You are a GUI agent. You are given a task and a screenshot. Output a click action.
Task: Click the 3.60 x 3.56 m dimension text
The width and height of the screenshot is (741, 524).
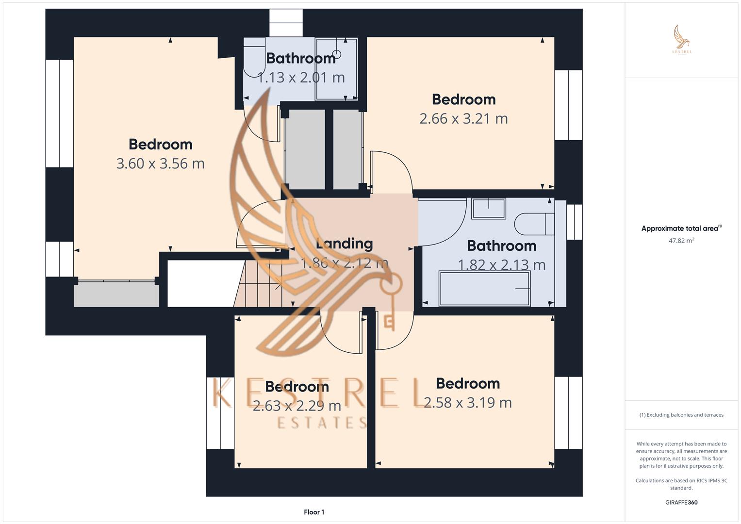pos(161,164)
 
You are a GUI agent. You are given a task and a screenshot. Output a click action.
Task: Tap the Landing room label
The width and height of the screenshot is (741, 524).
pos(345,244)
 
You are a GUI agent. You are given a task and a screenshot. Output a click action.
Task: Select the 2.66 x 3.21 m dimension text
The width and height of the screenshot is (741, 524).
pos(463,119)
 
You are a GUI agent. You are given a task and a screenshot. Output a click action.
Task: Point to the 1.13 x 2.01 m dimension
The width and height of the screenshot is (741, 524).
pos(301,78)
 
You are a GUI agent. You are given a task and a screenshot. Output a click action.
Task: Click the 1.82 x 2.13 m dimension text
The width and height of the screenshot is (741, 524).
pos(501,265)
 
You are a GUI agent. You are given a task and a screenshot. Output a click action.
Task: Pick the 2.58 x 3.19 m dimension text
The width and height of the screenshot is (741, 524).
pos(468,403)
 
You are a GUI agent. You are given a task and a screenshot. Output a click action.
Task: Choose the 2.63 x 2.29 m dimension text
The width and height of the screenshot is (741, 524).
pos(296,406)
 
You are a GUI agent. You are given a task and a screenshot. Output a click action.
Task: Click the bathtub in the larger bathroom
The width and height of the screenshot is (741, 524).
pos(485,289)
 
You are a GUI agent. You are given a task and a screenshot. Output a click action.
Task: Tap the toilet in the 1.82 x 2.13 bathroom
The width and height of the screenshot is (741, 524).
pos(534,224)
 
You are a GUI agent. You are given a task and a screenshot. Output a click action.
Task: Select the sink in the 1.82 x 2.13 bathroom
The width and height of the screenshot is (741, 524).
pos(489,209)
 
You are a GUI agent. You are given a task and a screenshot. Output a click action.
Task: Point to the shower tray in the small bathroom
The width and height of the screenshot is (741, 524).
pos(336,69)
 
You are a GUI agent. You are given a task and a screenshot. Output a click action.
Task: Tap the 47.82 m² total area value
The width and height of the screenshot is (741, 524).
pos(681,241)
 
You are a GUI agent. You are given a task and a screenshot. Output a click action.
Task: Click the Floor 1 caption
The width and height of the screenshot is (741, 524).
pos(314,512)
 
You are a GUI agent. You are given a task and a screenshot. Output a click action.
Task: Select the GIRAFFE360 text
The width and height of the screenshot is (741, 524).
pos(681,502)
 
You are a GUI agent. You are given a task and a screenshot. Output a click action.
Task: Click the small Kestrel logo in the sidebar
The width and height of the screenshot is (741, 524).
pos(682,40)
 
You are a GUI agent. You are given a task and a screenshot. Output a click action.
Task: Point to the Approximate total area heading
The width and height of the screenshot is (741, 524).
pos(681,228)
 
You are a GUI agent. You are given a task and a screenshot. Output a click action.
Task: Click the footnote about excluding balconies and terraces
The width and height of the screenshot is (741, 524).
pos(681,415)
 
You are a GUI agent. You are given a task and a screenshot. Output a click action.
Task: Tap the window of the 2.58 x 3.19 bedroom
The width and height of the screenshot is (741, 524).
pos(568,413)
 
